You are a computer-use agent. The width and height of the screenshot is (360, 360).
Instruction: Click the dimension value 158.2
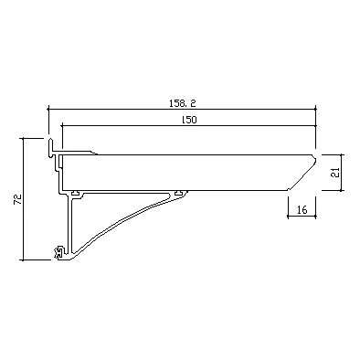tap(182, 103)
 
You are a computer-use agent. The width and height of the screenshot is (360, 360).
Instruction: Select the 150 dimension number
tap(189, 120)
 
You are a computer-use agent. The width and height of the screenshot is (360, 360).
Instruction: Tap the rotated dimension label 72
tap(18, 199)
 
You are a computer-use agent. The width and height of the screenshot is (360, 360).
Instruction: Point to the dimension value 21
tap(335, 173)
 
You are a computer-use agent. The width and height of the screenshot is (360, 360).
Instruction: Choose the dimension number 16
tap(302, 209)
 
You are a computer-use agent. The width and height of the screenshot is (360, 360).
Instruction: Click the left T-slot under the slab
tap(75, 193)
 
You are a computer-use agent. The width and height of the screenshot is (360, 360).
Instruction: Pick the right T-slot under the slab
tap(179, 193)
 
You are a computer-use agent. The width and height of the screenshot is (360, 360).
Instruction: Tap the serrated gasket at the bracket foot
tap(58, 252)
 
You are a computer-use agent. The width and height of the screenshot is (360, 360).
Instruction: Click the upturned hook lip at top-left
tap(50, 147)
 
